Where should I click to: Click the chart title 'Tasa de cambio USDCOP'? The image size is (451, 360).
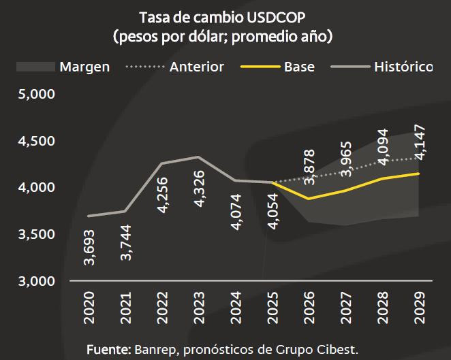pos(225,16)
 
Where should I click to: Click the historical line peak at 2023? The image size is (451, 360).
pos(198,157)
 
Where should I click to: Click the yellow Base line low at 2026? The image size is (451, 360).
pos(309,199)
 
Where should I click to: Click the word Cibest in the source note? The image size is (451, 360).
pos(339,349)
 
